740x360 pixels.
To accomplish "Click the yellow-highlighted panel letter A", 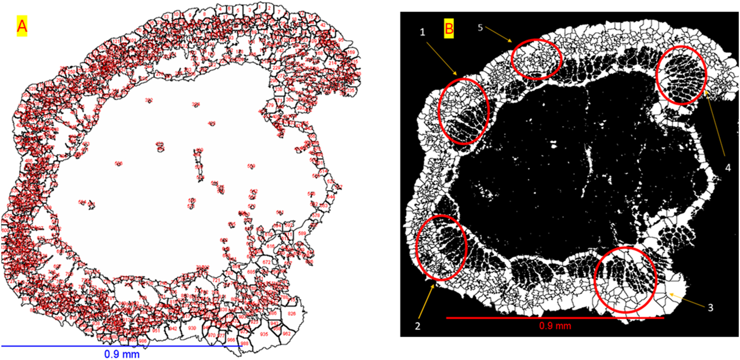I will (22, 26).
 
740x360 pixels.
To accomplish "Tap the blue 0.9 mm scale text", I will (122, 354).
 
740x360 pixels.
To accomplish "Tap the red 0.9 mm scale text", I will (555, 326).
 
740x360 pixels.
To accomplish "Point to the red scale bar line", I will (555, 318).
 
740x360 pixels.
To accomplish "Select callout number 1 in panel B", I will (422, 32).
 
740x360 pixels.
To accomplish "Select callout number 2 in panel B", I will (418, 326).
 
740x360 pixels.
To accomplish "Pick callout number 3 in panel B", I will (710, 307).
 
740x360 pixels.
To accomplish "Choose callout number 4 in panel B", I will (728, 167).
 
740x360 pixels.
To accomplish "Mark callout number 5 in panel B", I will (480, 28).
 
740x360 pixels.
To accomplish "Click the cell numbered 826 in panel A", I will (292, 313).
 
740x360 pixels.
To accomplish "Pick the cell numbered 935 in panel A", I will (264, 334).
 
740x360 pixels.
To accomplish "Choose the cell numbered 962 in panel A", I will (286, 334).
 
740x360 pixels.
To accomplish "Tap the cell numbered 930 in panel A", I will (192, 328).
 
